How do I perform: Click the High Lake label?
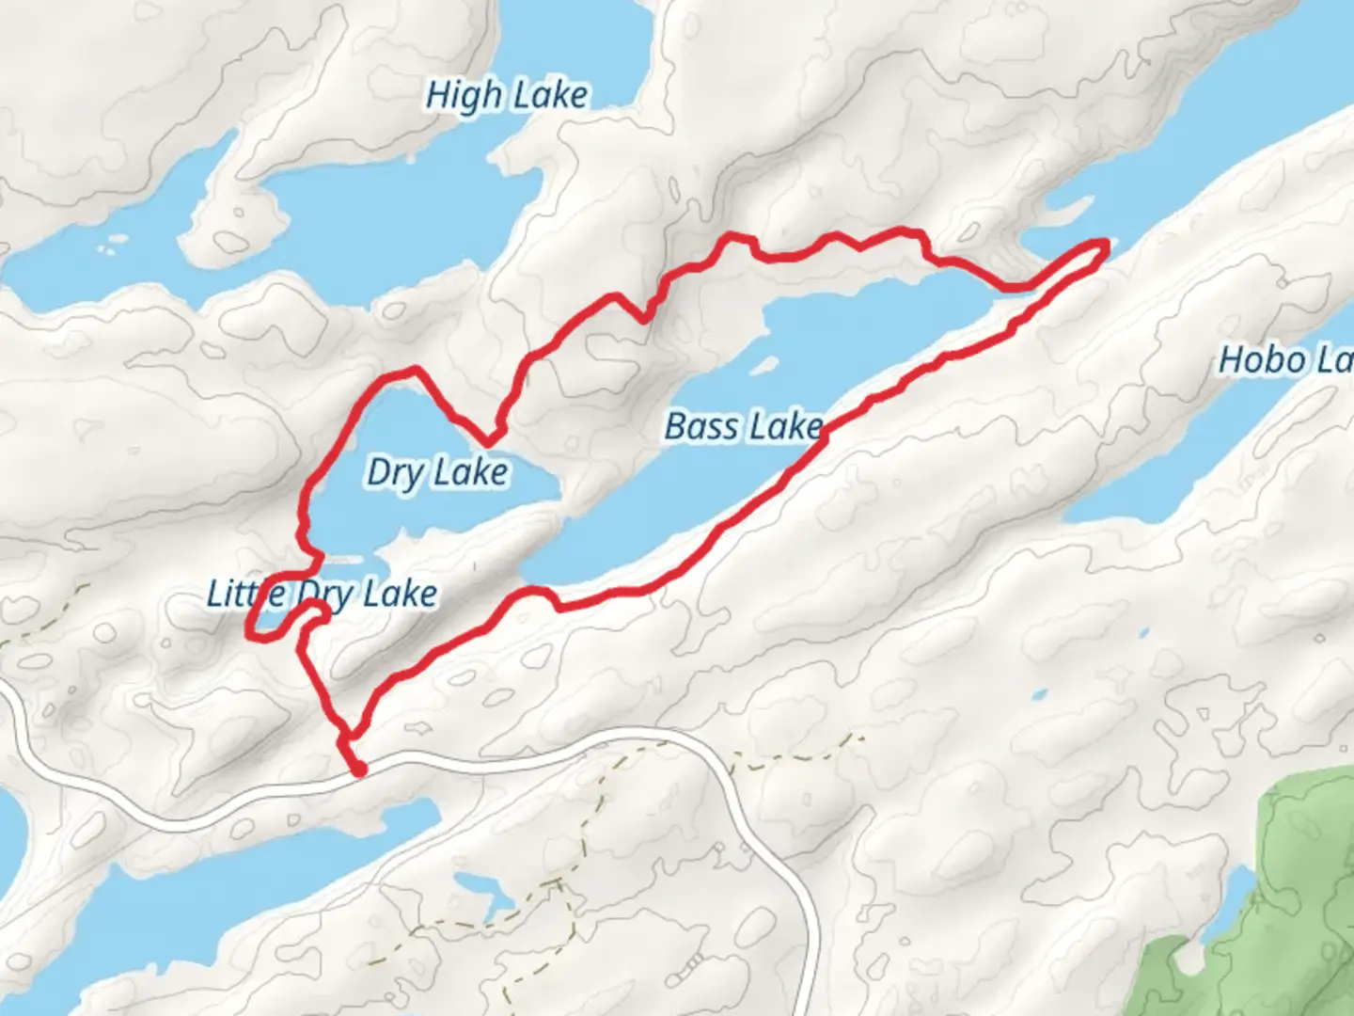507,96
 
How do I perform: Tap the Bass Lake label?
744,426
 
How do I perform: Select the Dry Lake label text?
437,471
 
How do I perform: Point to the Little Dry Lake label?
323,595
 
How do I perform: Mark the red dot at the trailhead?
358,770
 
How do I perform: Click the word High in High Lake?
464,96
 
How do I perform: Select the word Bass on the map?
701,426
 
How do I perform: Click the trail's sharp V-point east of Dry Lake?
489,442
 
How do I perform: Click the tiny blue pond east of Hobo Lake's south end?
1039,695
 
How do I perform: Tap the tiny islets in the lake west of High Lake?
113,246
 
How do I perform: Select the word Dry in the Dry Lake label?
394,471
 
